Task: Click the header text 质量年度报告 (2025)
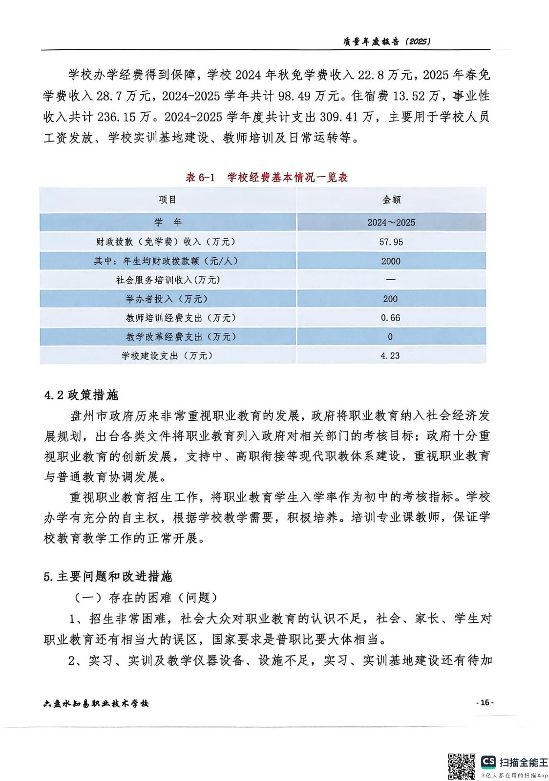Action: pos(386,41)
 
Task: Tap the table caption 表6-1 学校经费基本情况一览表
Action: pos(267,177)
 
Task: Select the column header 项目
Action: pos(168,200)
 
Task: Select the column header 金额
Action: pos(391,200)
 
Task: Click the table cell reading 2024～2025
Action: pos(391,223)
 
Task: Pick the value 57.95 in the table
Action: pos(391,242)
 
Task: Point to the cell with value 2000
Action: pos(391,261)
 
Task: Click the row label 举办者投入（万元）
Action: pos(167,299)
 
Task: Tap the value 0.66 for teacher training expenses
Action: pos(390,318)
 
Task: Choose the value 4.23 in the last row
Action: pos(390,356)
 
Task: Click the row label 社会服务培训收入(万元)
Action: pos(168,280)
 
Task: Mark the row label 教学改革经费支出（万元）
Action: pos(181,337)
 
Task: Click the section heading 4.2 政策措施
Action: pos(81,395)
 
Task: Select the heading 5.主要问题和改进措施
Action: pos(108,576)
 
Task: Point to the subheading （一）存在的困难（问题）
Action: pos(146,597)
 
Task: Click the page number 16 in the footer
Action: pos(485,702)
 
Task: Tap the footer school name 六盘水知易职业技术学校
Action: pos(96,703)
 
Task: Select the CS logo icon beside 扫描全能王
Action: pos(488,762)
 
